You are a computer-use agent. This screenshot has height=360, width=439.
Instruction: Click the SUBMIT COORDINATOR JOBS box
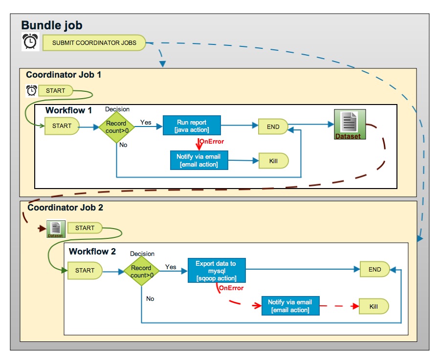pos(94,42)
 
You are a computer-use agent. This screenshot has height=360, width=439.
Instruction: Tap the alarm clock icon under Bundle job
pos(30,42)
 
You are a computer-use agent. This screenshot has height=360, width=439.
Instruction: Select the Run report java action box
pos(192,126)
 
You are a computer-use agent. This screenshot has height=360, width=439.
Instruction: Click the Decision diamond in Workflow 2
pos(142,272)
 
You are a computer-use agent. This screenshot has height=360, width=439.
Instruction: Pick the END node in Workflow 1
pos(273,127)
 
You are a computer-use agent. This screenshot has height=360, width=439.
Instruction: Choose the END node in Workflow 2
pos(374,269)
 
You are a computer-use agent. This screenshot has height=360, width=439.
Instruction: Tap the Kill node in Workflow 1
pos(273,161)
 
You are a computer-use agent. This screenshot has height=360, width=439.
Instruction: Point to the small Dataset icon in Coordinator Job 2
pos(55,229)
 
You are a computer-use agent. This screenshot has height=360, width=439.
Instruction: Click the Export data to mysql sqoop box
pos(216,271)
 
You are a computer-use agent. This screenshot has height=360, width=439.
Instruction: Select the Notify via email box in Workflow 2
pos(290,306)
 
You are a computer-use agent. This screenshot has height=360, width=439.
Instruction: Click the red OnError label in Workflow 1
pos(212,142)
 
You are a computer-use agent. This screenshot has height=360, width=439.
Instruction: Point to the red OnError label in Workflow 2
pos(231,288)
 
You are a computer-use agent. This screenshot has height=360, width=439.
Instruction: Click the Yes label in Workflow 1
pos(146,122)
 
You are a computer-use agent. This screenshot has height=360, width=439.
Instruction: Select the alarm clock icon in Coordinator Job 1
pos(31,90)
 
